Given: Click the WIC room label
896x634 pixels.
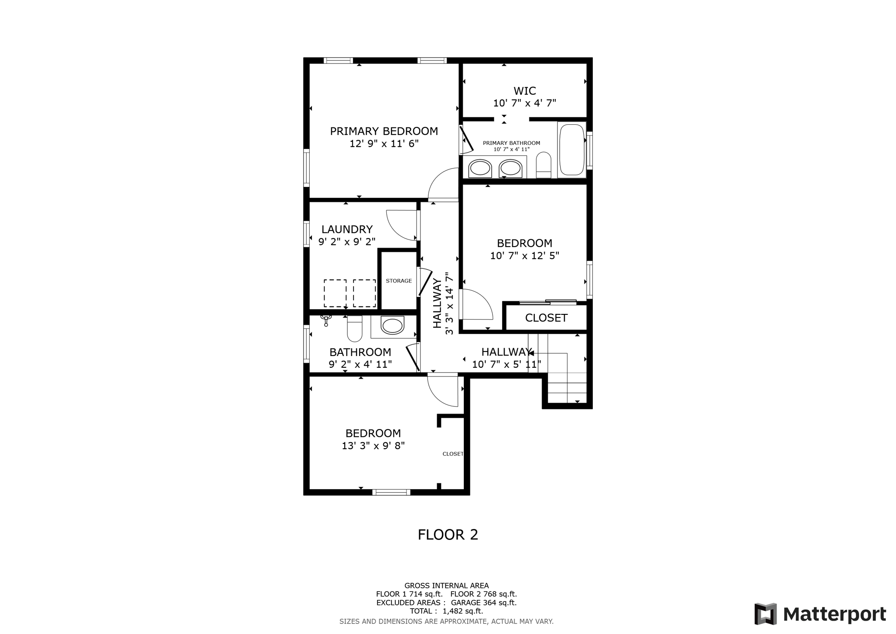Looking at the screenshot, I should [x=524, y=91].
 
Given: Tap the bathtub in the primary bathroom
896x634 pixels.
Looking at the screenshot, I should [x=571, y=150].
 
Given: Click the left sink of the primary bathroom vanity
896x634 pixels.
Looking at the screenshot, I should [x=480, y=169].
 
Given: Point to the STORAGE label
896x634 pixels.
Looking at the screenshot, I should [x=399, y=281].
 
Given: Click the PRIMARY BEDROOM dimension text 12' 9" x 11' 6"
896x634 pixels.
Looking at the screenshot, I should [x=384, y=144].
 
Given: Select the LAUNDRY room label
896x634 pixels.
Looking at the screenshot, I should [x=347, y=229].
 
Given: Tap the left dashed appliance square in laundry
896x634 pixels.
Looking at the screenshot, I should [x=335, y=293].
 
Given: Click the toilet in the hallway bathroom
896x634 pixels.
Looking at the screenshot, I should [x=355, y=329].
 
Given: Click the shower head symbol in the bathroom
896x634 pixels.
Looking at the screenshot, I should [x=326, y=320].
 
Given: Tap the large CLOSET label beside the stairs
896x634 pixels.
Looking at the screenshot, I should [x=546, y=318].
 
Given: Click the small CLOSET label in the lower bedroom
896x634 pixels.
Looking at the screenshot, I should [x=452, y=454].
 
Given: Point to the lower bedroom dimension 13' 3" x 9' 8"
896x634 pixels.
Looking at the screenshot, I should [x=373, y=446].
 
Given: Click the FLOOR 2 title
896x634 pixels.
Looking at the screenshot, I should [x=448, y=535].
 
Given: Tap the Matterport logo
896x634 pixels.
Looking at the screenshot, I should [x=820, y=614].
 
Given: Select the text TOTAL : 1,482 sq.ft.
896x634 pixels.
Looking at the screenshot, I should [x=446, y=611].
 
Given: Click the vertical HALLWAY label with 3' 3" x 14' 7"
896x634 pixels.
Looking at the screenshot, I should [x=443, y=303].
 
